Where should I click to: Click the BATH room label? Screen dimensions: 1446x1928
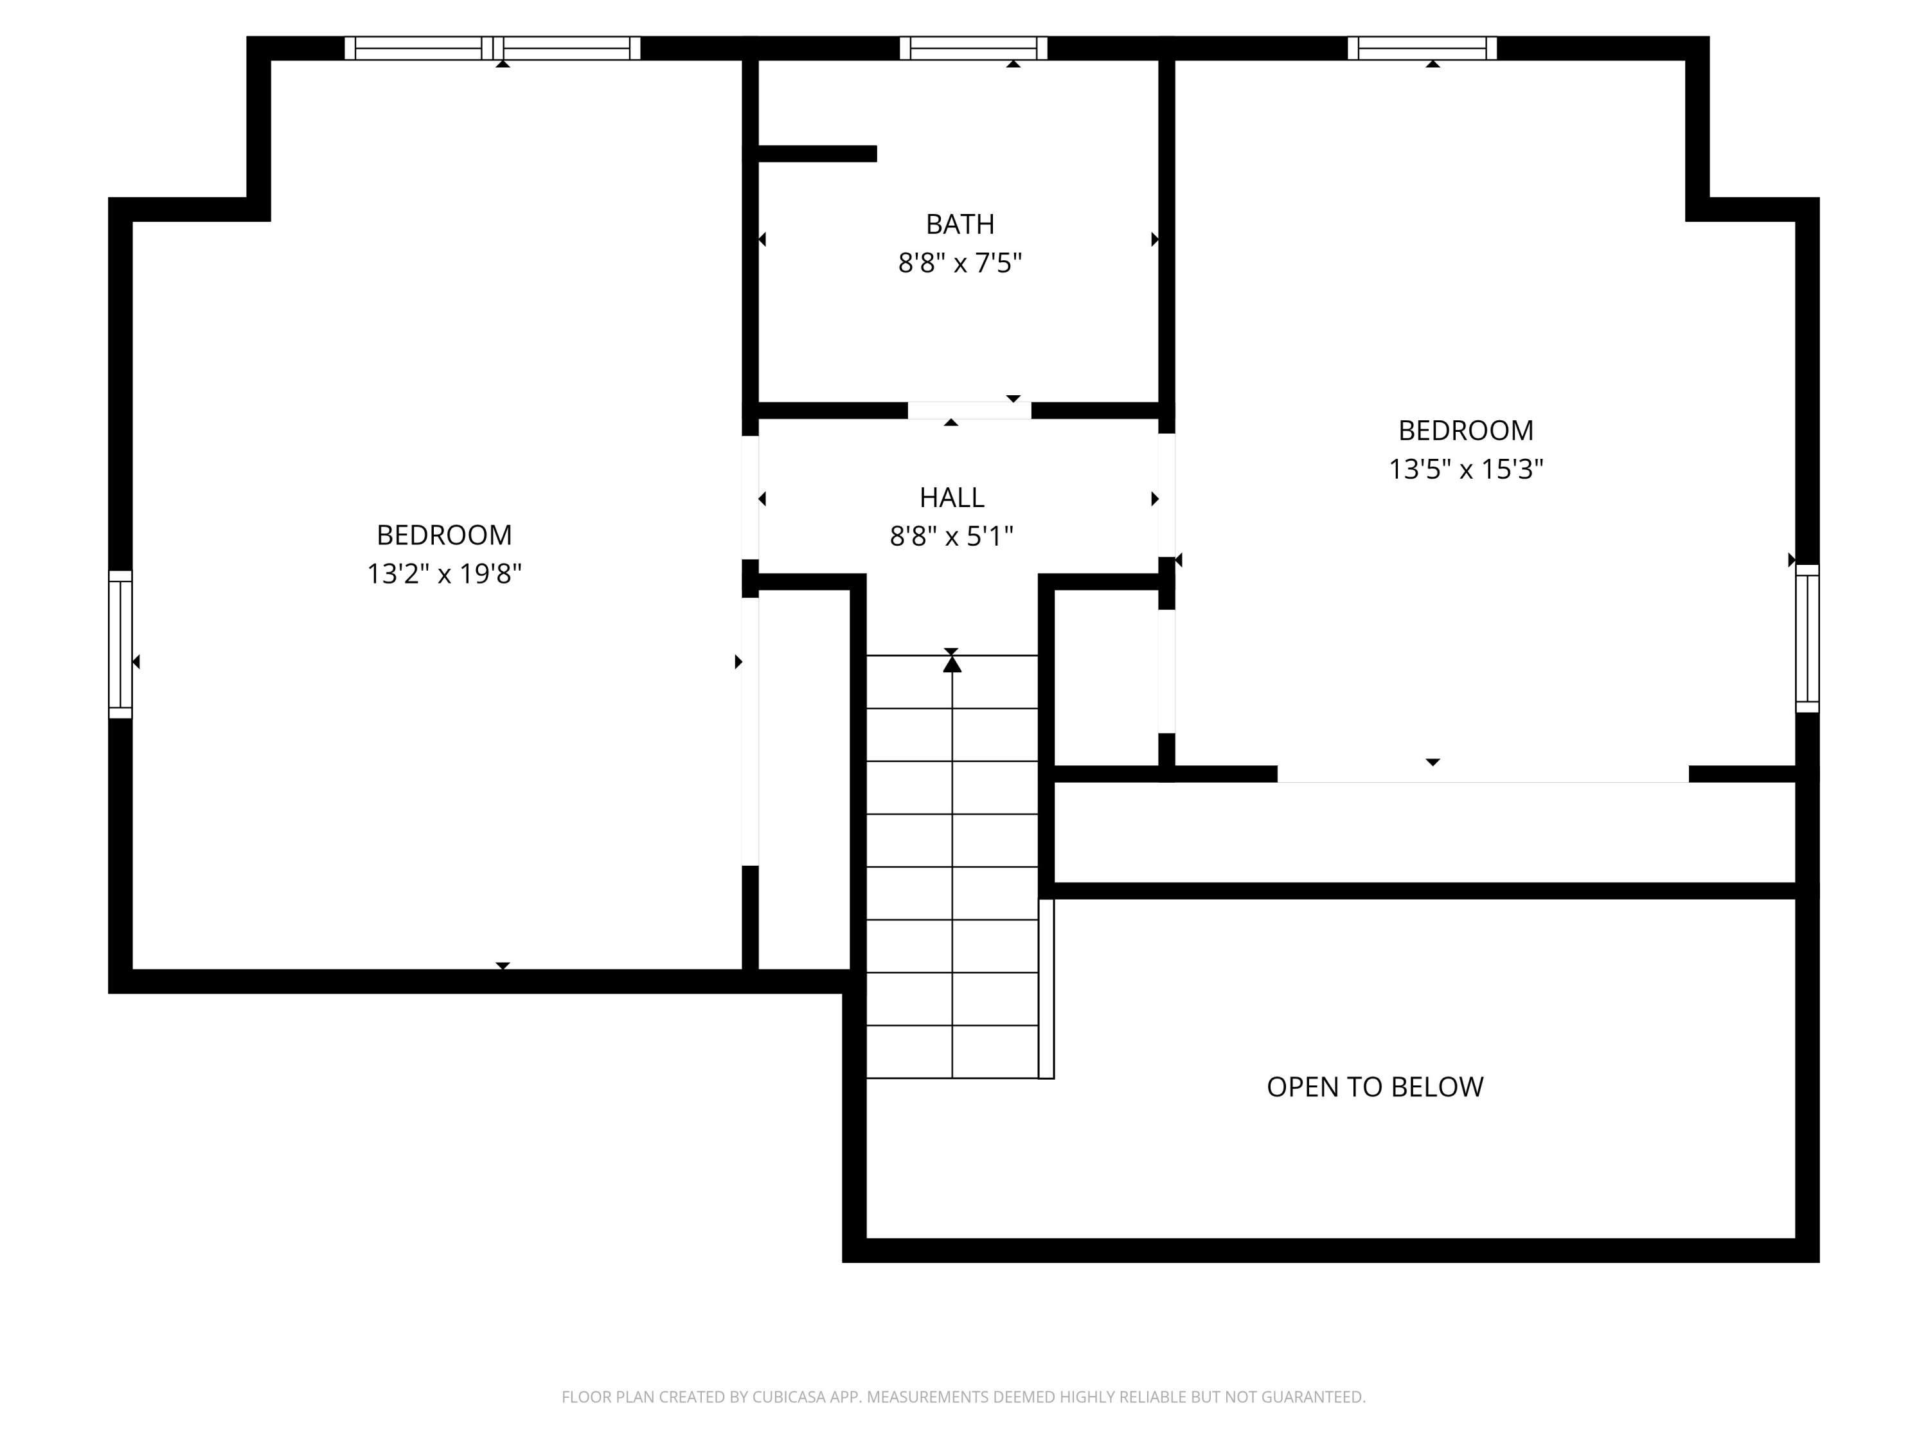[x=960, y=225]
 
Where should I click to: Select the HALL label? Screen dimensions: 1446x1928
[x=952, y=497]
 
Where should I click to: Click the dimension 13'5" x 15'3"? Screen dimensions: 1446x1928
[x=1465, y=470]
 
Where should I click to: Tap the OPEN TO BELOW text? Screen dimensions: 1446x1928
[x=1375, y=1087]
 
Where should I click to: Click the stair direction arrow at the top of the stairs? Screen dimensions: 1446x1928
[x=952, y=664]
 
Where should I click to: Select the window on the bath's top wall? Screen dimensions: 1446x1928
[x=973, y=48]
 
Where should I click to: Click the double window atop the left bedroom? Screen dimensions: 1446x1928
[x=492, y=48]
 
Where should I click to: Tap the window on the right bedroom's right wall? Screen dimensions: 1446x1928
[x=1808, y=638]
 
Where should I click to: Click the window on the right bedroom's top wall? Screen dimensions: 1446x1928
[x=1422, y=48]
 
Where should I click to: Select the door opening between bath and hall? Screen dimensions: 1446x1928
[x=969, y=411]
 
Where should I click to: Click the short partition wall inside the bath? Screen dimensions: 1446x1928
[x=815, y=154]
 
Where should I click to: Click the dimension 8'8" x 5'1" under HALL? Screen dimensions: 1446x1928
[x=952, y=537]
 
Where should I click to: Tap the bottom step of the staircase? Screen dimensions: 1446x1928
[x=952, y=1052]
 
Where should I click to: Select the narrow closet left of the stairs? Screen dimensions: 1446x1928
[x=803, y=785]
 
